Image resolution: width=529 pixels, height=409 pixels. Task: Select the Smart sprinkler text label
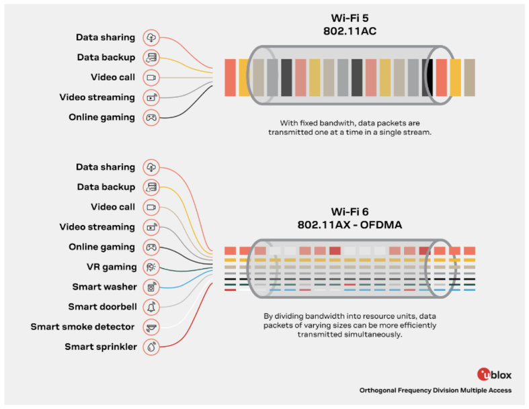click(x=100, y=347)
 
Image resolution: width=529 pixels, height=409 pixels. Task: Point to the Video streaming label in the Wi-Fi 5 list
click(x=97, y=97)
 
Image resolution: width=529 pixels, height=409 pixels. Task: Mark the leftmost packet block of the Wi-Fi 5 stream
click(x=230, y=77)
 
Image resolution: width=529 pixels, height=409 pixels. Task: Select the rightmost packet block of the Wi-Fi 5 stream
click(x=469, y=77)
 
